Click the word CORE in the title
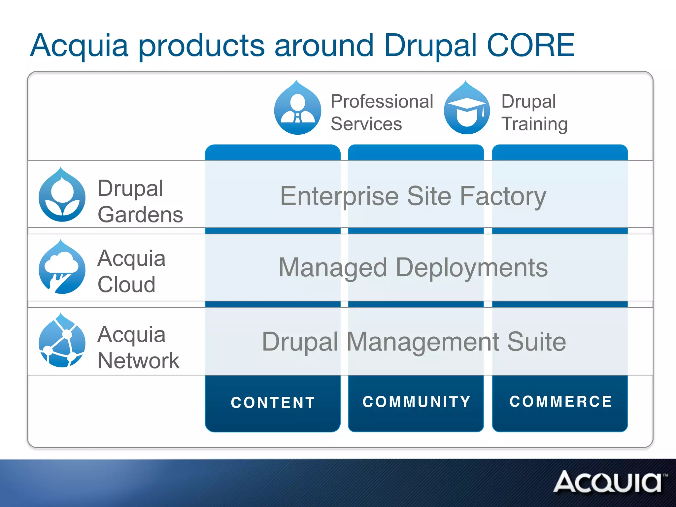530,46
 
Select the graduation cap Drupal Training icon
467,109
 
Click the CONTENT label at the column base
273,403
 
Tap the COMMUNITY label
416,402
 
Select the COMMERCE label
560,402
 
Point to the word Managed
333,268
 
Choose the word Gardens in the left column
140,215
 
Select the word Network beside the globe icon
139,361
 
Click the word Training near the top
534,124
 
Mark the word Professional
382,102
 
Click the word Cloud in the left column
126,285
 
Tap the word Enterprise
339,197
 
